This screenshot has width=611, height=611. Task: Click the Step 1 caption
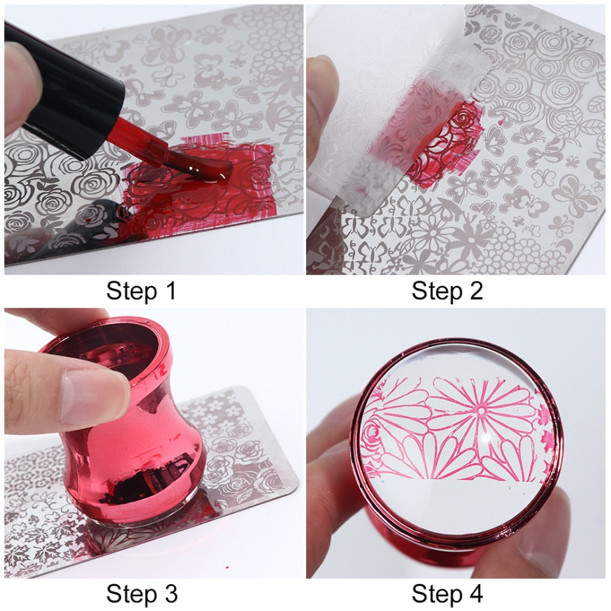tap(141, 291)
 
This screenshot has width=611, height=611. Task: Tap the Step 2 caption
tap(447, 291)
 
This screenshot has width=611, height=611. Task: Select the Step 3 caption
tap(142, 594)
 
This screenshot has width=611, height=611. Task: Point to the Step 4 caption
tap(447, 594)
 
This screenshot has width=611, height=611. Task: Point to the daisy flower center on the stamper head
tap(482, 411)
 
